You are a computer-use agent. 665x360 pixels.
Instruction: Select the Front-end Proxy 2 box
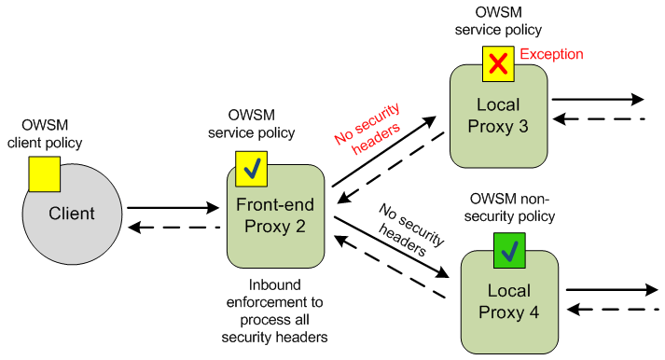[275, 217]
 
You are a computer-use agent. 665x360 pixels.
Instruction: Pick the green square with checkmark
[509, 250]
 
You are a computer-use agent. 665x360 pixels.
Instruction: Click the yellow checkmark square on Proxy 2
[251, 168]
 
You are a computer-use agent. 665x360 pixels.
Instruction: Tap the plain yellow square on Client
[44, 174]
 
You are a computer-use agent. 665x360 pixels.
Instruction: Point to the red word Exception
[551, 55]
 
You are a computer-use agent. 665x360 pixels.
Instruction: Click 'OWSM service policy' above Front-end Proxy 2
[251, 124]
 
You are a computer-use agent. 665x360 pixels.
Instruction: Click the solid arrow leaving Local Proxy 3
[597, 99]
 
